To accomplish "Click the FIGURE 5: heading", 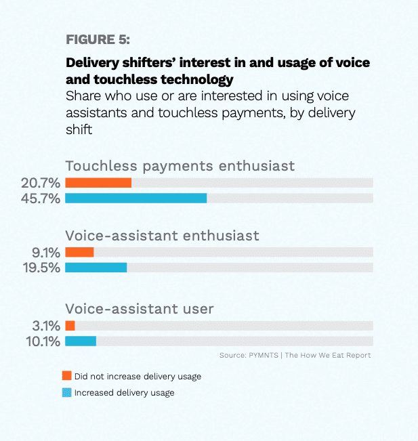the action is click(x=98, y=39).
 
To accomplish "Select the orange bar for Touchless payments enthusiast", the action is click(x=98, y=183).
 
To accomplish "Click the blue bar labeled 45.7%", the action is click(x=136, y=198).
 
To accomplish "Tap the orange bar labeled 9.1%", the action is click(x=79, y=252).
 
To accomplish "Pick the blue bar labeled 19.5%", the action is click(x=96, y=268).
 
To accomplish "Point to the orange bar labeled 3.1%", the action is click(x=70, y=326).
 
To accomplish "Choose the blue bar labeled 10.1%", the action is click(x=81, y=341).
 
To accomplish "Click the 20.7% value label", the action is click(x=41, y=183).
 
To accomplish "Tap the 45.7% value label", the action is click(x=41, y=198).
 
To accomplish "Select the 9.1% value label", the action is click(x=46, y=253).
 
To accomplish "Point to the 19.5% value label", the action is click(x=41, y=268).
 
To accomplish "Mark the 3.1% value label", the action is click(x=46, y=326).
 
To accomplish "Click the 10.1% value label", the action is click(x=43, y=341).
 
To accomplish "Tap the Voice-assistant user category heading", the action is click(x=140, y=309).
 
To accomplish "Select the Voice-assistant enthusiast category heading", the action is click(x=163, y=236).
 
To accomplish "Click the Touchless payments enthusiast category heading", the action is click(x=180, y=166).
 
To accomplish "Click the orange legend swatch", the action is click(x=67, y=375).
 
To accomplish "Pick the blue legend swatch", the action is click(x=67, y=392).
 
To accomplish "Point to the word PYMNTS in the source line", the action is click(x=264, y=355).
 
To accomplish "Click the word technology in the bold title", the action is click(x=197, y=79).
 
